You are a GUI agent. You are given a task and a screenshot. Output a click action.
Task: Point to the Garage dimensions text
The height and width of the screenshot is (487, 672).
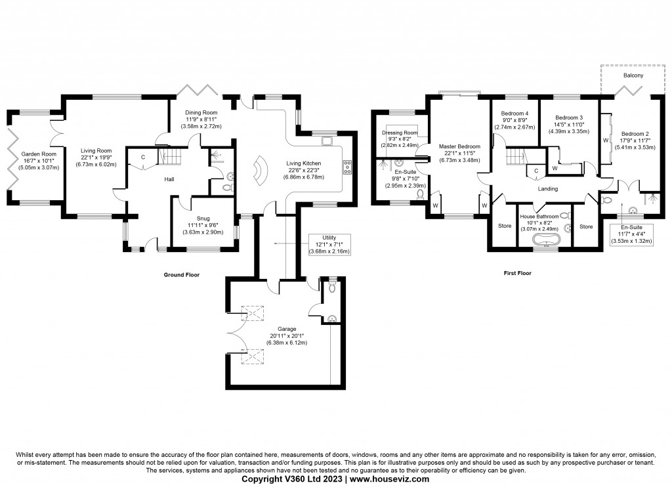click(x=287, y=340)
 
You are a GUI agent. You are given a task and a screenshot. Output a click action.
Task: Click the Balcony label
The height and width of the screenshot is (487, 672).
click(x=633, y=76)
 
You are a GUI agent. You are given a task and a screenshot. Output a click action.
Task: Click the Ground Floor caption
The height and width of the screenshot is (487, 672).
click(x=181, y=275)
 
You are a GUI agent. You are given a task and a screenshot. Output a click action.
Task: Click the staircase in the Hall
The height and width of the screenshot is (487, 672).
click(x=169, y=157)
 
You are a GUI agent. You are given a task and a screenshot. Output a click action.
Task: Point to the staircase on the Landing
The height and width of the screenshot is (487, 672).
click(x=515, y=157)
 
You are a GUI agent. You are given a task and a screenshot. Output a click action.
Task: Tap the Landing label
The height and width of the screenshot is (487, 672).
click(x=547, y=189)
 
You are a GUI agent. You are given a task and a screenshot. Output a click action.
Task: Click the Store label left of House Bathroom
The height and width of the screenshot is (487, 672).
click(x=504, y=226)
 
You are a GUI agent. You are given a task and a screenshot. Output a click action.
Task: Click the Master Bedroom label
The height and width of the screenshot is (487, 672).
click(x=459, y=146)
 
